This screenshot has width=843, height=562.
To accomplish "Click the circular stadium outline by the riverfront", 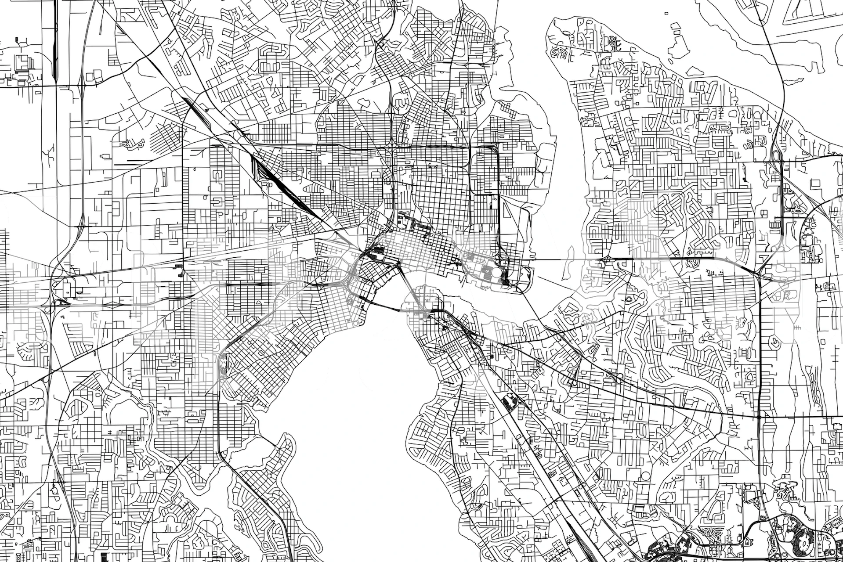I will pos(496,273).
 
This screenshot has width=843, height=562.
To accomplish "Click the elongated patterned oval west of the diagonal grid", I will pos(223,364).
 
